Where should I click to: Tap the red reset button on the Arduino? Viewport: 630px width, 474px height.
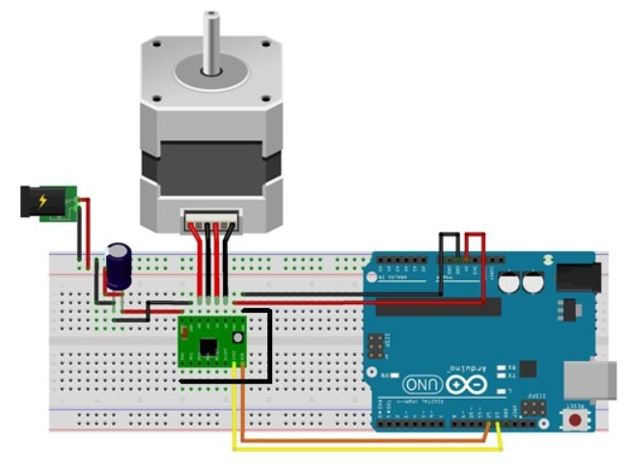point(577,421)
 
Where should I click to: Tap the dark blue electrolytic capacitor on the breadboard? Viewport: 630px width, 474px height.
point(119,265)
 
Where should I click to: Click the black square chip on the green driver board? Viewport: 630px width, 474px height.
point(207,345)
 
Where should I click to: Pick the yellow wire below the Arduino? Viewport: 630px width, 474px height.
point(367,449)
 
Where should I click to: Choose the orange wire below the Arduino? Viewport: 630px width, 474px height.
point(367,440)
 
